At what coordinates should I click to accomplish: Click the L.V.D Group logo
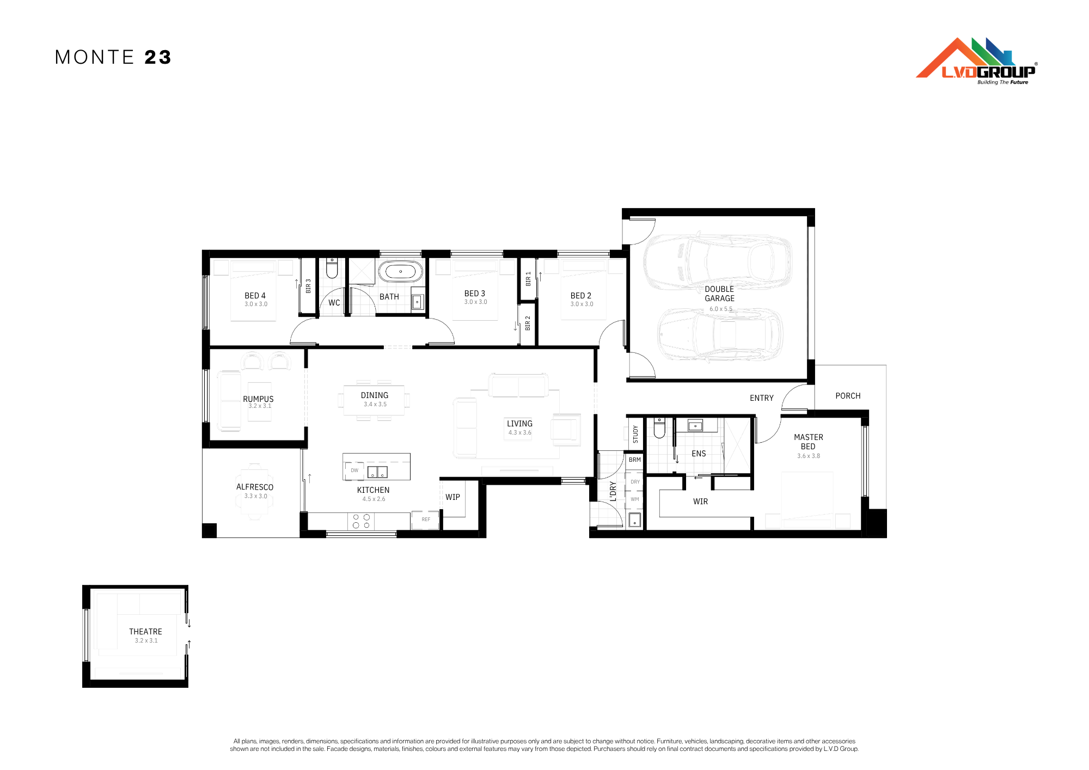976,61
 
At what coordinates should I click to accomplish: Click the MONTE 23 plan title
113,57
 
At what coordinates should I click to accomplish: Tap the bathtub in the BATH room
400,271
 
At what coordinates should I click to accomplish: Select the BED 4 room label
255,296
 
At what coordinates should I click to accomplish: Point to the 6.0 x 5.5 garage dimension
720,309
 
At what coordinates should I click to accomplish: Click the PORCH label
848,396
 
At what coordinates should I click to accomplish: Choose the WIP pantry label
452,497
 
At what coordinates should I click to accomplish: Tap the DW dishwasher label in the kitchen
354,470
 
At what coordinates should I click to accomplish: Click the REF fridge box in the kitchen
425,520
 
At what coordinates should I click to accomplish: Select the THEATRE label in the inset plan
145,632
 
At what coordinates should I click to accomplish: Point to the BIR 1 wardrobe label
528,279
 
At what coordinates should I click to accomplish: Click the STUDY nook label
635,434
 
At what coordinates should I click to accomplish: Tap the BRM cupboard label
635,460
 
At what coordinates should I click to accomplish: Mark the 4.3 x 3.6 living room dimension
519,433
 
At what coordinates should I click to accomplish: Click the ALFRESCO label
255,487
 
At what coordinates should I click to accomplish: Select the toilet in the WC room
332,267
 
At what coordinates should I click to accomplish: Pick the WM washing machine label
635,499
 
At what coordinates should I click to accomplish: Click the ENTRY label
761,398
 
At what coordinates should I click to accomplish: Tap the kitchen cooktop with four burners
361,521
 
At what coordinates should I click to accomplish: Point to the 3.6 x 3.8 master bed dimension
809,456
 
